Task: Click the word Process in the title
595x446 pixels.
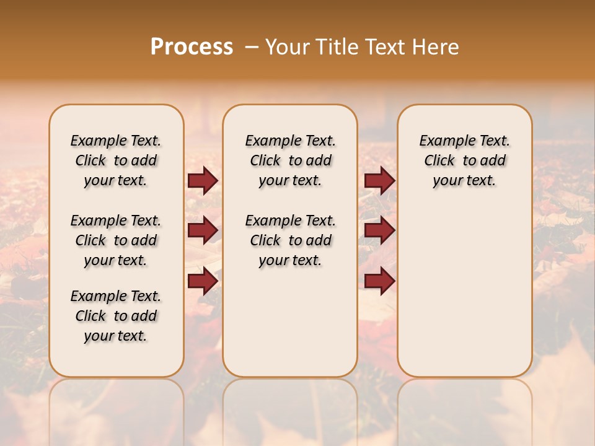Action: coord(192,47)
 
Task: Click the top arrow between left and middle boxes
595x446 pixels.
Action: coord(203,181)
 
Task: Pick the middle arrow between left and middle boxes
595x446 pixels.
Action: coord(203,230)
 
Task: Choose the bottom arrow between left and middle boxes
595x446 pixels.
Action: coord(203,281)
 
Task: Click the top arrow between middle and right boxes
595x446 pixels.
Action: coord(379,181)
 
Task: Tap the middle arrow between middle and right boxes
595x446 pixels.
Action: coord(379,230)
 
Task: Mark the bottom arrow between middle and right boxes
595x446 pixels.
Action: coord(379,281)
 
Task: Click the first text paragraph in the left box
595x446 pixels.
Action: coord(116,160)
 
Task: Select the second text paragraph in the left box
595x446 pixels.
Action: coord(116,240)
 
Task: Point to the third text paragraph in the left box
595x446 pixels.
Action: coord(116,316)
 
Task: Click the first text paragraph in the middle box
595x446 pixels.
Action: coord(290,160)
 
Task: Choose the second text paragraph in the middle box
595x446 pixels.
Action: coord(290,240)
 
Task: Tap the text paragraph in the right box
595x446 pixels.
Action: coord(464,160)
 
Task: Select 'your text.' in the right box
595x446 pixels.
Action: coord(464,181)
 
